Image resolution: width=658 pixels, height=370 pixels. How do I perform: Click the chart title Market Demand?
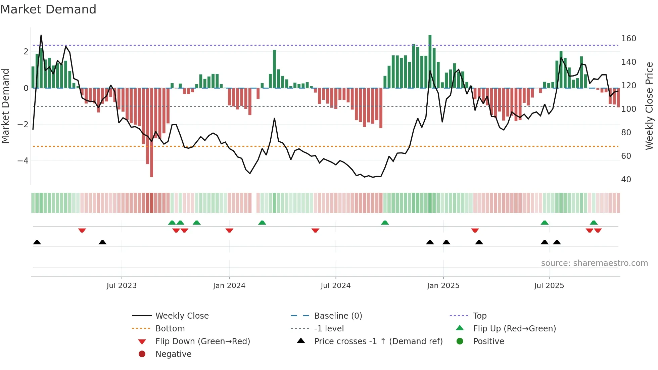(48, 9)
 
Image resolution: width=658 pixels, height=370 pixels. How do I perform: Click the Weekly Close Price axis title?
(649, 106)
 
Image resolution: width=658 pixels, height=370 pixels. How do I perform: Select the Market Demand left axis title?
(5, 106)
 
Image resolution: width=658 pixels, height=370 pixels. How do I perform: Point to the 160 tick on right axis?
(628, 39)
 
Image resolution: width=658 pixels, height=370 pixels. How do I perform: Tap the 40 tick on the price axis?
(626, 180)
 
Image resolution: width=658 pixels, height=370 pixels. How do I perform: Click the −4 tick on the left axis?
(23, 161)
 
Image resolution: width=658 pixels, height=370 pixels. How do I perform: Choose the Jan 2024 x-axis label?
(229, 286)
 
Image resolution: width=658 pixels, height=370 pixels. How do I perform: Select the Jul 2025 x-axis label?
(549, 286)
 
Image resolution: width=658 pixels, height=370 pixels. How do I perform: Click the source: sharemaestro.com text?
(594, 263)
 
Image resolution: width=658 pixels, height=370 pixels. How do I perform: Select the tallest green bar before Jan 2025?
(430, 60)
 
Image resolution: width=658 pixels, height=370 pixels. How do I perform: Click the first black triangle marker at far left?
(37, 242)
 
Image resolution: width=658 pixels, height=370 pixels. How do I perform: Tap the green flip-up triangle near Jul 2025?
(545, 223)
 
